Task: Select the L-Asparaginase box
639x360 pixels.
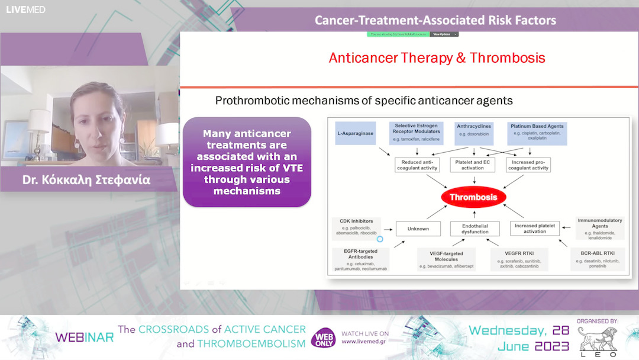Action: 355,134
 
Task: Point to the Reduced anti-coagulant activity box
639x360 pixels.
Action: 417,165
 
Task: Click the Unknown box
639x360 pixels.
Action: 418,229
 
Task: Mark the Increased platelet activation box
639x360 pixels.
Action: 534,229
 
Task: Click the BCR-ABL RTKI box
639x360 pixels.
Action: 598,259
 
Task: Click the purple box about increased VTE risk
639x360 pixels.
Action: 247,162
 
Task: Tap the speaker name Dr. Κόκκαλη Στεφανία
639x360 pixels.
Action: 86,180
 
